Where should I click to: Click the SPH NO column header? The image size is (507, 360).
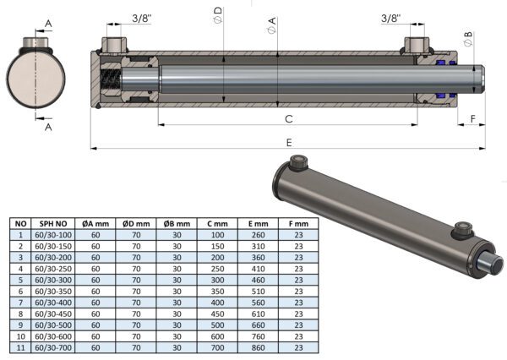click(53, 224)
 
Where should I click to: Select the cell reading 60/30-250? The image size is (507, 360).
click(53, 269)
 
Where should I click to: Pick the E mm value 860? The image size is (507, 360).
click(258, 347)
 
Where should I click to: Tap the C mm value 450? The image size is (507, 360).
click(217, 314)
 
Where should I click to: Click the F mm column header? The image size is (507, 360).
click(298, 224)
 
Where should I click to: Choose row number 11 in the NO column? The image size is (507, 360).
click(20, 347)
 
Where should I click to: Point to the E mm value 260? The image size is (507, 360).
click(258, 235)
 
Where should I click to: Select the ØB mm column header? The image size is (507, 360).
click(177, 224)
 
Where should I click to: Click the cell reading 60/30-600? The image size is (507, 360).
click(53, 336)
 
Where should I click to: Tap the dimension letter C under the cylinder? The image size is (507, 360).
click(289, 119)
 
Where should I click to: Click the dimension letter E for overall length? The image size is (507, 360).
click(289, 143)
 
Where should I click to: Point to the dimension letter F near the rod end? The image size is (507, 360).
click(472, 119)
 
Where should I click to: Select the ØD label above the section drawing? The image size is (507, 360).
click(218, 15)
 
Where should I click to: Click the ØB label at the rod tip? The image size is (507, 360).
click(468, 39)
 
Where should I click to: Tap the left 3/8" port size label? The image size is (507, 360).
click(142, 18)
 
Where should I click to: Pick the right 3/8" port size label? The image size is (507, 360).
click(390, 18)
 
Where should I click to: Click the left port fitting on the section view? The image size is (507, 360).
click(115, 46)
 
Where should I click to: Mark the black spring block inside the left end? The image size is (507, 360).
click(110, 79)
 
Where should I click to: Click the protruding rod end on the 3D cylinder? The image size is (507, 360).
click(493, 265)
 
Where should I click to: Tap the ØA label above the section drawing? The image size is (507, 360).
click(271, 25)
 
